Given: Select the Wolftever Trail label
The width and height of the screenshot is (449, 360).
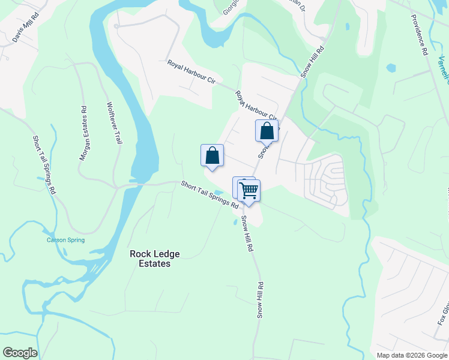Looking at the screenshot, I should coord(114,122).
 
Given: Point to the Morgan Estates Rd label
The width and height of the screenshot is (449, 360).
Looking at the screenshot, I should coord(84,133).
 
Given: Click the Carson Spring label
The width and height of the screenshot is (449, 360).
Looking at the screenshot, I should coord(66,240).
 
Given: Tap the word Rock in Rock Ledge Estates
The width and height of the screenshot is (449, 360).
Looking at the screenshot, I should coord(140,254).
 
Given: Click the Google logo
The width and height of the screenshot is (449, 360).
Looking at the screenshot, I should coord(20,353).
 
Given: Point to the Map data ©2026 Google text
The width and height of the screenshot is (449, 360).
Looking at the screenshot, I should coord(412,355).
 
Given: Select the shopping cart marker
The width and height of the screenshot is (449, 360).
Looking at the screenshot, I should coord(249,191).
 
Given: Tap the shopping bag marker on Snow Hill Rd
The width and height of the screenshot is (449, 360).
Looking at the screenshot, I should coord(267,131).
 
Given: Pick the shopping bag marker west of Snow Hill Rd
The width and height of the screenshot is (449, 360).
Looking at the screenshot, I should coord(212,155).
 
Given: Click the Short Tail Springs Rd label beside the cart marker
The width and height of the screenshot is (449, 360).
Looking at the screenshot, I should coord(209,194).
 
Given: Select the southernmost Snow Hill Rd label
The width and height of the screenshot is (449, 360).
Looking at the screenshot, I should coord(261,300).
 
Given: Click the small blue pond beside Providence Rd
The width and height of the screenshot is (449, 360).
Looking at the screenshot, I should coord(391,68).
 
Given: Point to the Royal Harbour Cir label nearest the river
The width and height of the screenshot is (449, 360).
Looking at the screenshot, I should coord(191,71).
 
